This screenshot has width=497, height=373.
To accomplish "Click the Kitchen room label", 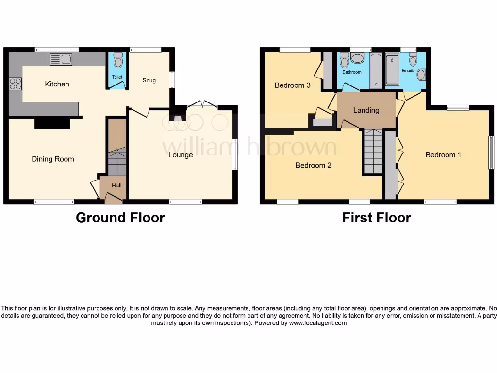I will tap(57, 84).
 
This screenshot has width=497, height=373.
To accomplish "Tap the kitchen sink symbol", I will tap(61, 59).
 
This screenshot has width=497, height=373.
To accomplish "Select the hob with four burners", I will tap(15, 84).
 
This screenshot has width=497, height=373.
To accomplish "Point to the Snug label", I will tap(149, 80).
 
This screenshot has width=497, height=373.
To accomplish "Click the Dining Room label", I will tap(53, 159).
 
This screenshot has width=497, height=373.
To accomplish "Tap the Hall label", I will tap(116, 186).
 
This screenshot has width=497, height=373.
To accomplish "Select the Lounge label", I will tap(181, 155).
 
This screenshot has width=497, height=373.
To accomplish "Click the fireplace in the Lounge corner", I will tap(177, 117).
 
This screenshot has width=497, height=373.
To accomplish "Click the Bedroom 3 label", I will tap(292, 85).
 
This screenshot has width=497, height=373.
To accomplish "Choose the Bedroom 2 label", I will tap(314, 165).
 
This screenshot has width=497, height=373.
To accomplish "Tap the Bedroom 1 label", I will tap(443, 155).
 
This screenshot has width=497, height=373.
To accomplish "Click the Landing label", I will tap(366, 110).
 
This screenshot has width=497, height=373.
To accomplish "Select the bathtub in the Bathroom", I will tap(376, 71).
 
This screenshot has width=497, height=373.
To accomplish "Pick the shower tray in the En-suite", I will tap(392, 71).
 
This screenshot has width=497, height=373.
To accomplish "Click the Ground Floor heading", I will tap(120, 218).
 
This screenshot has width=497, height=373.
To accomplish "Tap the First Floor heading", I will tap(376, 218).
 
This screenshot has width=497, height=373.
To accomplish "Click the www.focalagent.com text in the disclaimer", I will tap(318, 323).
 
